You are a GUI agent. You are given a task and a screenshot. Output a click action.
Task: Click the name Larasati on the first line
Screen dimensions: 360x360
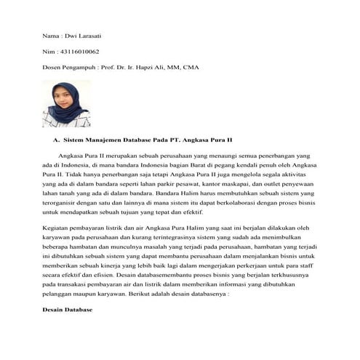click(x=85, y=36)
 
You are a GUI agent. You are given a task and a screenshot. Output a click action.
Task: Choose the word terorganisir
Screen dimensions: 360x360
click(x=64, y=205)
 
